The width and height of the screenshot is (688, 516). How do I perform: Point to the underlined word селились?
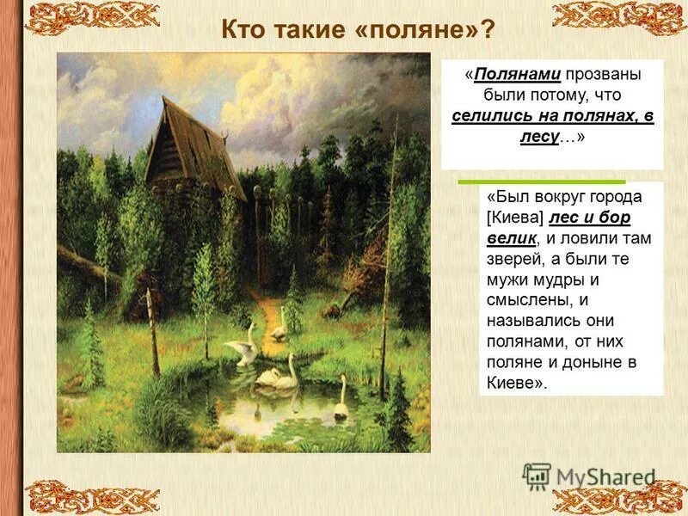point(490,116)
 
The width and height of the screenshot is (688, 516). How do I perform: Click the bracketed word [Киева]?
point(516,217)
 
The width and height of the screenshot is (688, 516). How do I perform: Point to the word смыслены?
point(527,300)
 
